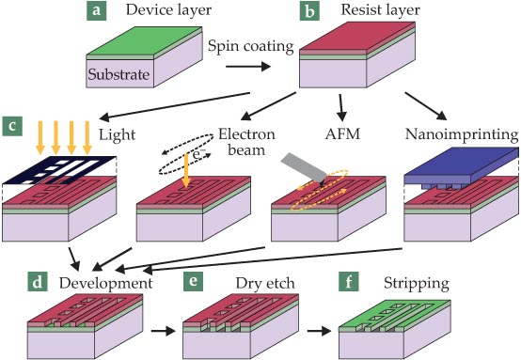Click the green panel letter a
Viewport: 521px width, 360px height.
[96, 10]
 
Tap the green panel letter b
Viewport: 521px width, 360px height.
[309, 11]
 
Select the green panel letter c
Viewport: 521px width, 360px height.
[12, 126]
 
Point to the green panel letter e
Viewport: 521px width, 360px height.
[193, 281]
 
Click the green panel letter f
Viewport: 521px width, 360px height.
[349, 281]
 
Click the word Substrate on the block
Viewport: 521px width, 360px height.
[118, 74]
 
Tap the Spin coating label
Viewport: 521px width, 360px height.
[251, 46]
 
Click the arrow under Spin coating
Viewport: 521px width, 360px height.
[248, 67]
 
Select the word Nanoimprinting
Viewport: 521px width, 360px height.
[462, 134]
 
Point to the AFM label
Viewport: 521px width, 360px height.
[342, 133]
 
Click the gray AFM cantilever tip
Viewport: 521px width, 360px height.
[322, 183]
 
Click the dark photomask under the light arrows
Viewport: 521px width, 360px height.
[59, 170]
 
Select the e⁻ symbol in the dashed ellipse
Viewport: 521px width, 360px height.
[199, 154]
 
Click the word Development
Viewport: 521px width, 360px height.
[105, 284]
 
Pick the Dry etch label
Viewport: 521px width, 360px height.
[265, 284]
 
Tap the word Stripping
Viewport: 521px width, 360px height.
[417, 284]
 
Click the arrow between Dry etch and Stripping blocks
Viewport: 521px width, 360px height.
[319, 331]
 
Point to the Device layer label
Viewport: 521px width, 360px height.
[168, 10]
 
